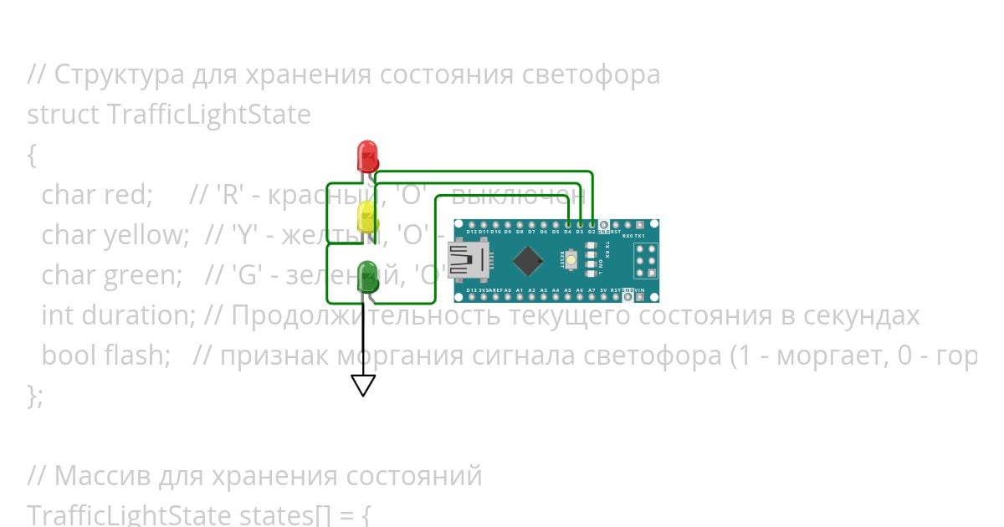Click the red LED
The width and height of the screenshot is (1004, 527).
[x=367, y=156]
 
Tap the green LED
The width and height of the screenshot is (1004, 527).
[x=366, y=277]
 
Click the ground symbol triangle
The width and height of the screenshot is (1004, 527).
[x=363, y=385]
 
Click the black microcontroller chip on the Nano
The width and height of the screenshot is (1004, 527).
[x=528, y=260]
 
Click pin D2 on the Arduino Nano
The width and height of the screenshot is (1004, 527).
[x=592, y=226]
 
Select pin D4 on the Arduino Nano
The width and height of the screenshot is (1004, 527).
[x=568, y=226]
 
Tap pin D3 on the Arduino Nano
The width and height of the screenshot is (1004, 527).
[x=580, y=226]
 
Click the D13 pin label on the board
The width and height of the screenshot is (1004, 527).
[x=472, y=289]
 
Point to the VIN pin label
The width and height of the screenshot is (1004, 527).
[x=640, y=289]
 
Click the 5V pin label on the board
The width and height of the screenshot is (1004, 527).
[x=603, y=289]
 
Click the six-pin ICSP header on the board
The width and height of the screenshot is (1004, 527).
[x=645, y=260]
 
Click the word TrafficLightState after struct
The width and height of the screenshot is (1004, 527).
[x=209, y=115]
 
